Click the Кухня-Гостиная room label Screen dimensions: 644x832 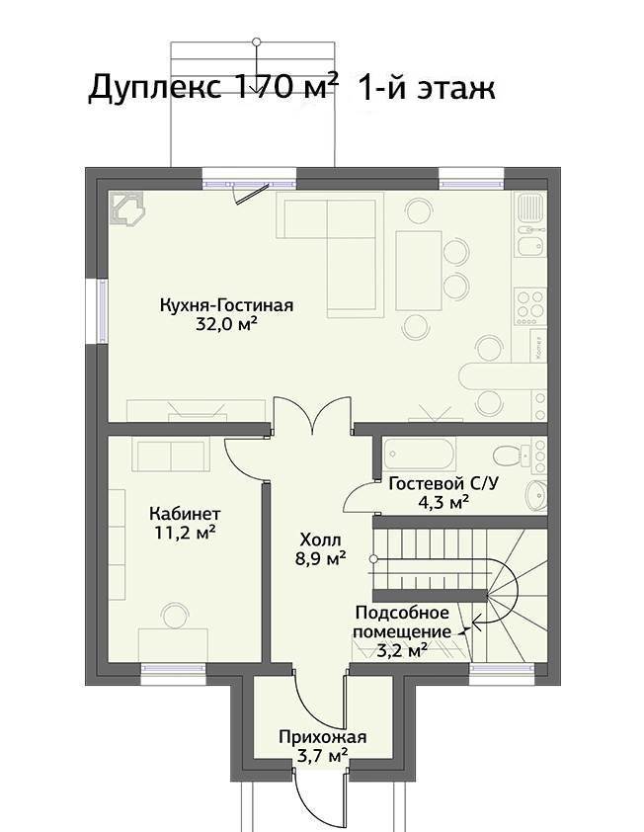(226, 305)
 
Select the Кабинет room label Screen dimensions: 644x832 (185, 514)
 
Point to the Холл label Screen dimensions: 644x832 (320, 541)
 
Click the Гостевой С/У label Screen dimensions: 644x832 (443, 483)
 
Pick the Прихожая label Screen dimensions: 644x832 (323, 737)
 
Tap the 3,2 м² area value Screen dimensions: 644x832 (402, 650)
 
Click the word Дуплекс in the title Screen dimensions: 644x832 (154, 88)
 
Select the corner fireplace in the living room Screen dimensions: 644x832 (127, 209)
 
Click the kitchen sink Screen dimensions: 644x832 (530, 208)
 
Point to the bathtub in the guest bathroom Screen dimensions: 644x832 (419, 455)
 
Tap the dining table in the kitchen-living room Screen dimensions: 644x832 (419, 271)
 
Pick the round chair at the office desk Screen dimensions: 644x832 (175, 616)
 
